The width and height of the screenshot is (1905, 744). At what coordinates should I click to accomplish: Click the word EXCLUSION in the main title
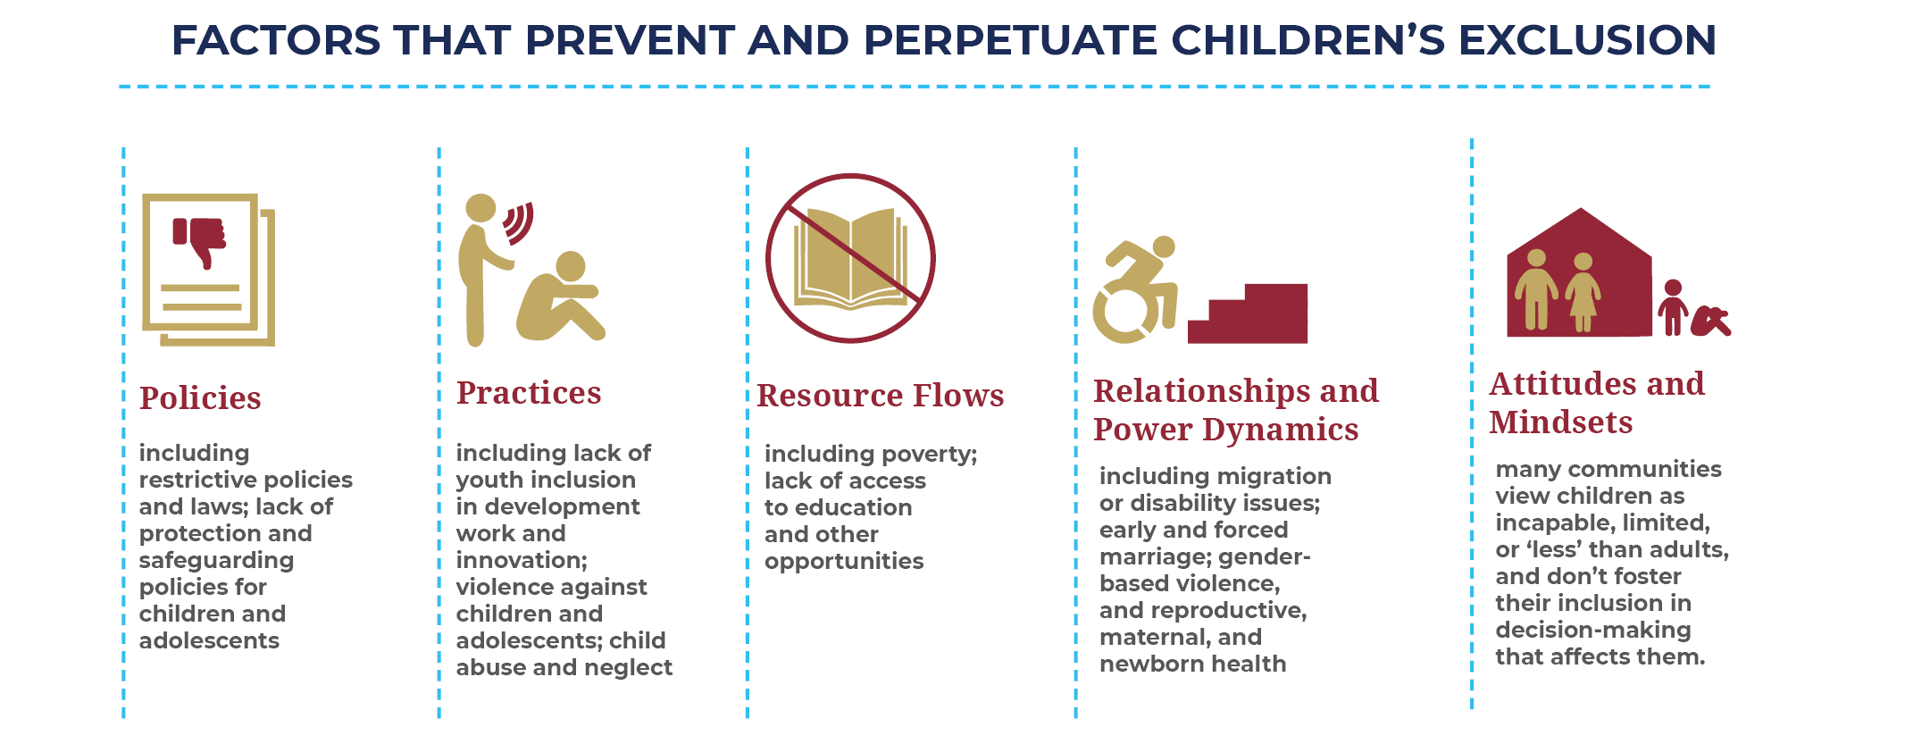tap(1587, 40)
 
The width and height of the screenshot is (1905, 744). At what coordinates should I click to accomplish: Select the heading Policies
tap(200, 397)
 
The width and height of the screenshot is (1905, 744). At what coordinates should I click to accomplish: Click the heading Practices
tap(529, 393)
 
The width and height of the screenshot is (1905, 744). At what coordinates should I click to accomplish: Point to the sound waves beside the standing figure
tap(519, 223)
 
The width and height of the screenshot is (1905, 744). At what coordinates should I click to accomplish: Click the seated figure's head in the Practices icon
tap(571, 267)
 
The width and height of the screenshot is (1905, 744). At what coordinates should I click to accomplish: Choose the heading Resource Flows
tap(881, 396)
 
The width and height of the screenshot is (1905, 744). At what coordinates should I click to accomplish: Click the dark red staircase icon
tap(1248, 313)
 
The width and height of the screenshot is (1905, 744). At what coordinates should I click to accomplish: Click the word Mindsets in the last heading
tap(1561, 422)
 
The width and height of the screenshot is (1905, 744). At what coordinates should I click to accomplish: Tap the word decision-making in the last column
tap(1593, 631)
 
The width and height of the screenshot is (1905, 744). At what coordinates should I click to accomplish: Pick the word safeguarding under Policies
tap(216, 561)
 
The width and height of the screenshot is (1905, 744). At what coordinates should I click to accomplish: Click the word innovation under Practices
tap(522, 560)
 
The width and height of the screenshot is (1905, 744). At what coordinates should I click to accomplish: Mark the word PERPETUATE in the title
tap(1011, 40)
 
